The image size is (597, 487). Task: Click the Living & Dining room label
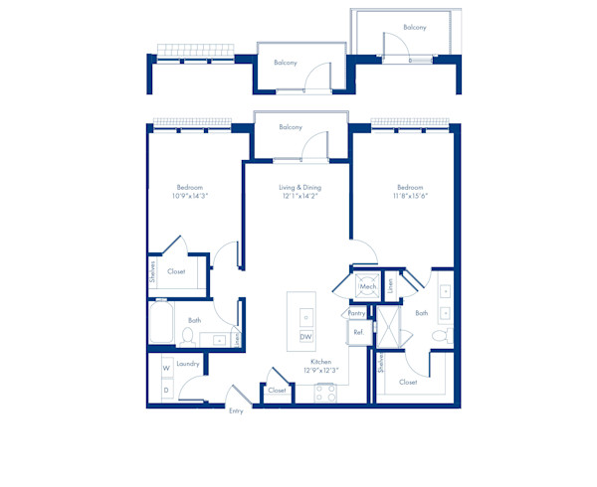pos(298,187)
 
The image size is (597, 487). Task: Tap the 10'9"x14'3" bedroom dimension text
pos(189,197)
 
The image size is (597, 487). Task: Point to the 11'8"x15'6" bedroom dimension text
pos(410,197)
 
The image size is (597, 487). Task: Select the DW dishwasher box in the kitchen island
pos(306,337)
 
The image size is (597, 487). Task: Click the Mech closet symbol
pos(366,285)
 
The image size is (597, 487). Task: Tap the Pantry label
pos(356,312)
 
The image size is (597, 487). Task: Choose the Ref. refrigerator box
pos(357,332)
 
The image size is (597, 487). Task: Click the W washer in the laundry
pos(166,370)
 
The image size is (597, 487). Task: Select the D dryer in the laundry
pos(166,390)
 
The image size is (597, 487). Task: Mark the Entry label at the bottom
pos(236,410)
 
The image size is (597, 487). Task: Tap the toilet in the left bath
pos(186,337)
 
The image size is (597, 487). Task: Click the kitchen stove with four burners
pos(325,392)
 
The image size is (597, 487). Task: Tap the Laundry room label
pos(188,364)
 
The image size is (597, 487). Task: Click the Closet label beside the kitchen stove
pos(278,391)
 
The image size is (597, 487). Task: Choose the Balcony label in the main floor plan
pos(291,127)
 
